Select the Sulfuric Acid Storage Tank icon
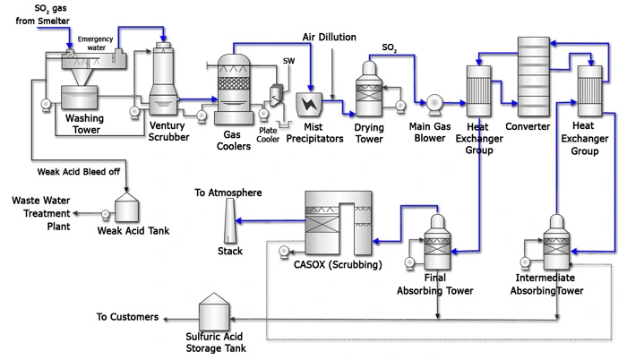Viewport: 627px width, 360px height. point(212,313)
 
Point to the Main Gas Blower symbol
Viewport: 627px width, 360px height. point(436,101)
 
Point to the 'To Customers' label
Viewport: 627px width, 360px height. point(128,316)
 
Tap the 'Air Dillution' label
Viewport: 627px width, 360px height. point(328,38)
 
